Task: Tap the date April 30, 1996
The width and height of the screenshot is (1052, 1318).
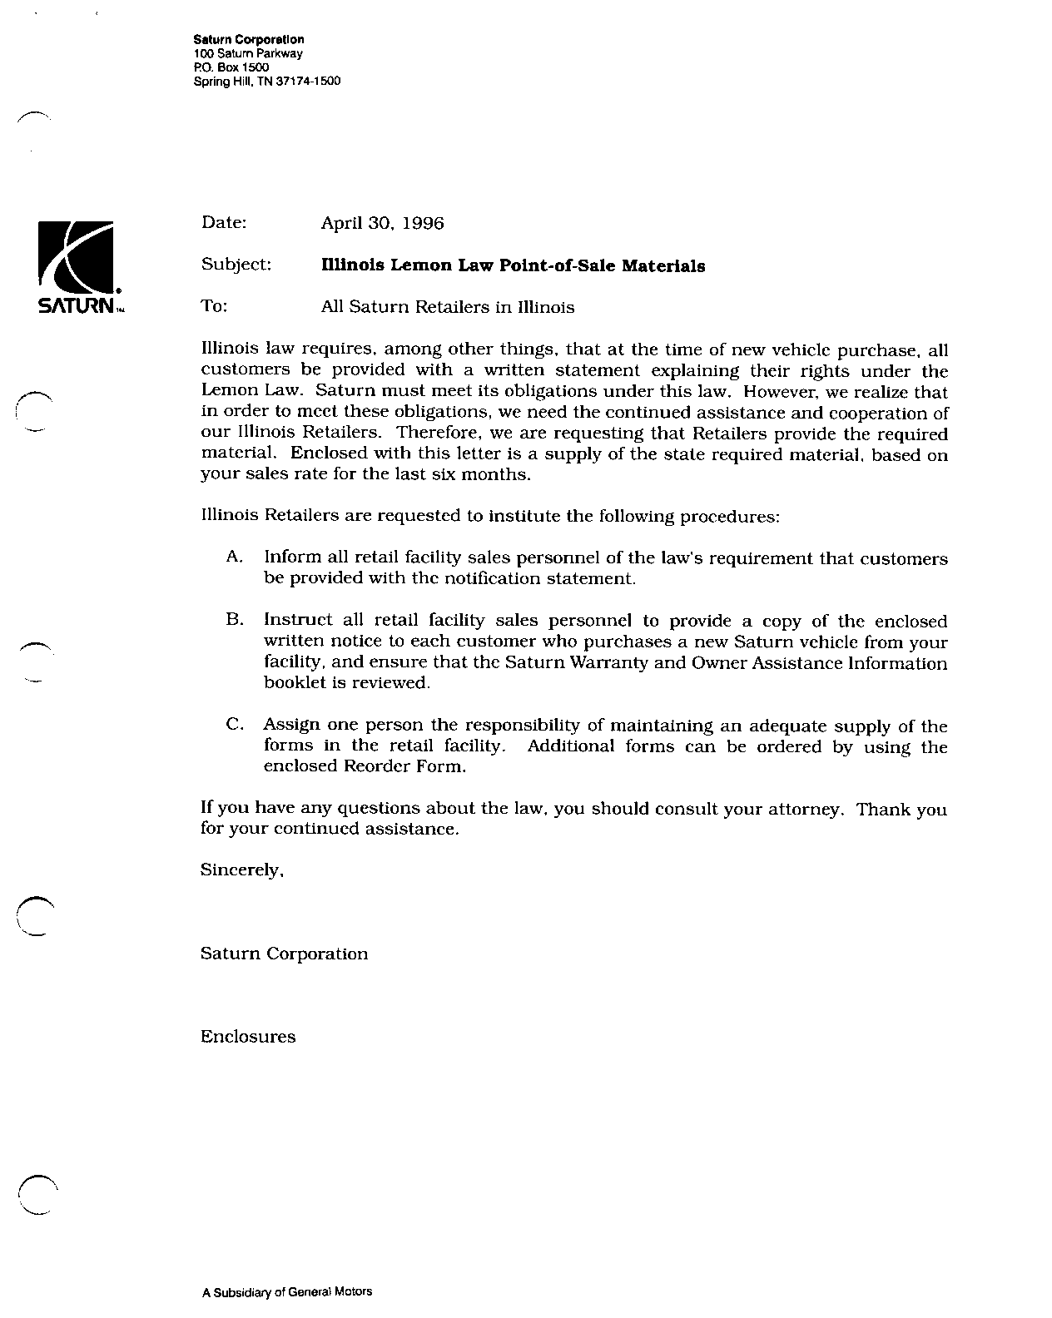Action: (382, 223)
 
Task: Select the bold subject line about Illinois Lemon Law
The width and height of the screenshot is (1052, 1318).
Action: (513, 265)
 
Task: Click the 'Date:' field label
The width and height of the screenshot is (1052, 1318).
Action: (224, 222)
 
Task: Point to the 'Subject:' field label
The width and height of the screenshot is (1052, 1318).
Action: (236, 265)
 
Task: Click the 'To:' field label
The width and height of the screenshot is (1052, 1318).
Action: (214, 306)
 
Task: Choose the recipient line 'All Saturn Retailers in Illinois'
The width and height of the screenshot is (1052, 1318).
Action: (447, 307)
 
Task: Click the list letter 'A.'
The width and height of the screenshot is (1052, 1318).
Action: (234, 556)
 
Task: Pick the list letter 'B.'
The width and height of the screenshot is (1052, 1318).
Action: (234, 619)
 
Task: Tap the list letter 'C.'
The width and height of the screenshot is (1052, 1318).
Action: (234, 725)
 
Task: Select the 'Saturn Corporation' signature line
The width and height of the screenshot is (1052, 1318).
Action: (284, 954)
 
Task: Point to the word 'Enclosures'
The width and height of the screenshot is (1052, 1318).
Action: (248, 1037)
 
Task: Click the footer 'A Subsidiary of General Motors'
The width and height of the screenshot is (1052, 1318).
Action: (287, 1292)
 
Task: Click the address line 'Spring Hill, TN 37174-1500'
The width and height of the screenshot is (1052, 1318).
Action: (266, 82)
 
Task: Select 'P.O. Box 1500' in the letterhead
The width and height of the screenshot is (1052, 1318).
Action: (225, 67)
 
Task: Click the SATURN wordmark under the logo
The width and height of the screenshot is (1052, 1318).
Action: (76, 307)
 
